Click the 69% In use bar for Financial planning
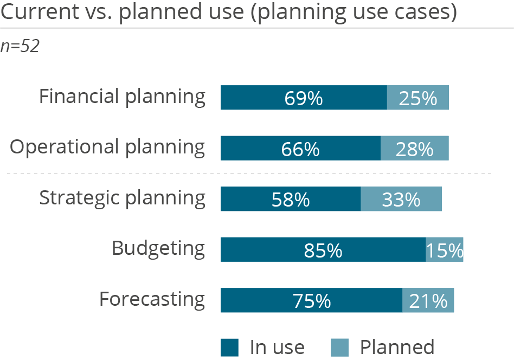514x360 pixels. click(304, 98)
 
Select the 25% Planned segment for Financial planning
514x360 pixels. click(417, 98)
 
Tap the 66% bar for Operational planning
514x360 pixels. click(300, 148)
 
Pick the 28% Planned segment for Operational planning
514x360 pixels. click(415, 148)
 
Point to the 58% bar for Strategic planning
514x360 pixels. click(291, 199)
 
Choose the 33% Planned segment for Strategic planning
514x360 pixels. click(401, 199)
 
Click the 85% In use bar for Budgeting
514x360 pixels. click(323, 249)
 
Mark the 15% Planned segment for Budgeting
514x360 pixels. click(445, 249)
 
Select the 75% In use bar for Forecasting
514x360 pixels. click(311, 300)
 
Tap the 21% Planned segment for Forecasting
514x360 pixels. click(428, 300)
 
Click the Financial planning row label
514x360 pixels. click(122, 97)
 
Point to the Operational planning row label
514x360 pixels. click(108, 147)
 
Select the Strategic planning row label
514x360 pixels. click(122, 198)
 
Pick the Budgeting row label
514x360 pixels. click(158, 249)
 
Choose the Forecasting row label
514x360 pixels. click(152, 299)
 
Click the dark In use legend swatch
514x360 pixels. click(229, 347)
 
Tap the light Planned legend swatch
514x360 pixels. click(339, 347)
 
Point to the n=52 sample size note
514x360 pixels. click(21, 47)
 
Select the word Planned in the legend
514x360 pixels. click(397, 347)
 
